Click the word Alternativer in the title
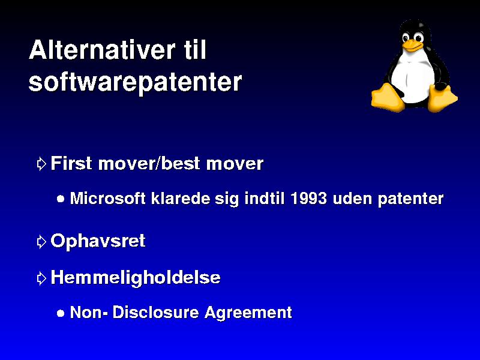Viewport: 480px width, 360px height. [x=102, y=50]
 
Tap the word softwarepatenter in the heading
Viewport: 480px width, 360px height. [x=135, y=82]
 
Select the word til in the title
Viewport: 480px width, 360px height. [x=194, y=49]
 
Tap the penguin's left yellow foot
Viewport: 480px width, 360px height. [x=387, y=97]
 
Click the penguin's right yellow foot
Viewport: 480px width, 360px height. [x=442, y=98]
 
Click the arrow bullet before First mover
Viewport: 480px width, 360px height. [x=41, y=164]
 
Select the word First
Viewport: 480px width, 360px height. [x=71, y=163]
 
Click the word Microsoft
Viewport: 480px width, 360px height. [x=108, y=199]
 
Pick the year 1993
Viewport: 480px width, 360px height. [x=308, y=199]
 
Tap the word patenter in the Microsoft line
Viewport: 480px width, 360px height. [x=410, y=199]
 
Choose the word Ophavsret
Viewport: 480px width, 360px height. [x=98, y=241]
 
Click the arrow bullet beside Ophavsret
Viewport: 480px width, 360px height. [x=41, y=242]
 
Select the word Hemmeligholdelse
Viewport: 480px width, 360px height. [x=136, y=278]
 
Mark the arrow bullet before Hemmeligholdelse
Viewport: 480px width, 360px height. [x=41, y=278]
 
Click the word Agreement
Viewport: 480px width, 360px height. [x=248, y=313]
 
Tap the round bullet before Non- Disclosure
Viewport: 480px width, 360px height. [x=61, y=313]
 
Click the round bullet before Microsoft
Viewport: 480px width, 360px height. [x=61, y=199]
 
